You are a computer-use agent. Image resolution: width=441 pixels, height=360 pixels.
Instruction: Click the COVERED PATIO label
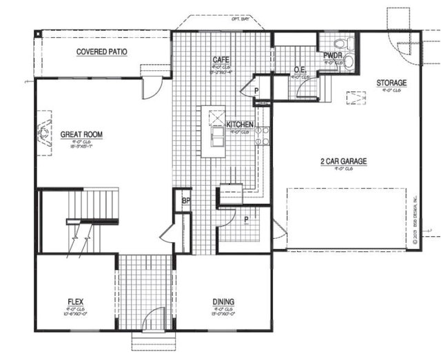(101, 52)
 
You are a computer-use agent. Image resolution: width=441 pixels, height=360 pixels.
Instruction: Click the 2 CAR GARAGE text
(342, 162)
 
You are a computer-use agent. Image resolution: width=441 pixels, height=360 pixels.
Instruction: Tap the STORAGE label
(391, 83)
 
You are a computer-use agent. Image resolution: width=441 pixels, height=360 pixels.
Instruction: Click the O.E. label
(300, 70)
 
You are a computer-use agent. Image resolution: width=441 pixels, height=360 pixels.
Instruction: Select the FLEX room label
(76, 301)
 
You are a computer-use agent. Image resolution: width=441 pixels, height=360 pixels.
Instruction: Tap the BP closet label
(185, 201)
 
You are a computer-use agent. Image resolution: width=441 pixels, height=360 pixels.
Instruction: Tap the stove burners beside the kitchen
(261, 135)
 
